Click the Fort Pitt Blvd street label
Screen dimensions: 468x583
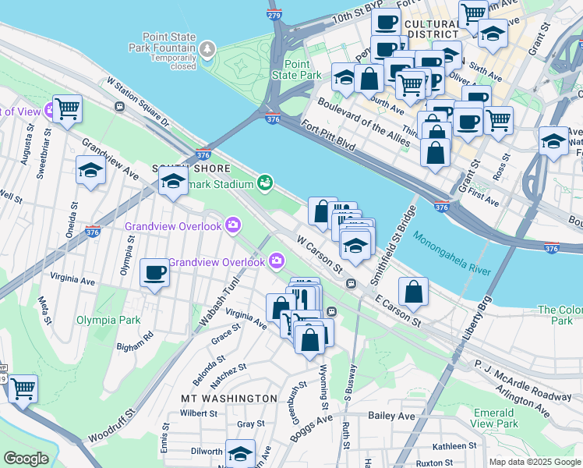tap(331, 140)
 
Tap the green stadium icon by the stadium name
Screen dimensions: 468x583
tap(265, 183)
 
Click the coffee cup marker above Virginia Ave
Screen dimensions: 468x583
tap(154, 274)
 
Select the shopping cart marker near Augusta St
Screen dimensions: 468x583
tap(68, 109)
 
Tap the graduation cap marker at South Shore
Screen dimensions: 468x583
tap(173, 184)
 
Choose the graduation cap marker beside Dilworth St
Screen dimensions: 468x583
tap(240, 453)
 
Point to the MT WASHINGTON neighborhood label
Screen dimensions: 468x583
tap(228, 398)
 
